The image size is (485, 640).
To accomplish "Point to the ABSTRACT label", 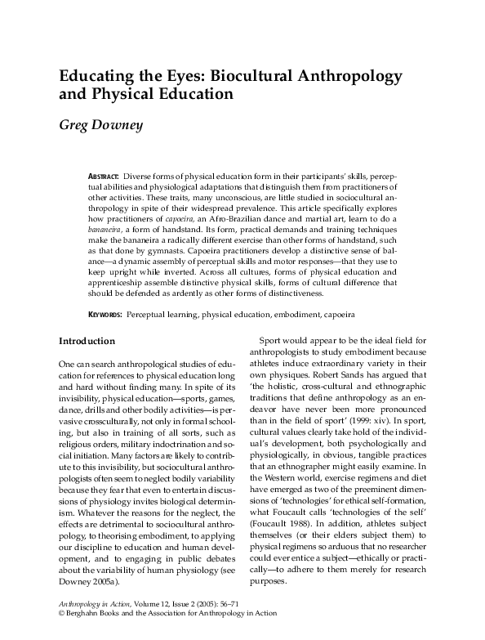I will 103,177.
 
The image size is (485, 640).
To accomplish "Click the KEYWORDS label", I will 105,314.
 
